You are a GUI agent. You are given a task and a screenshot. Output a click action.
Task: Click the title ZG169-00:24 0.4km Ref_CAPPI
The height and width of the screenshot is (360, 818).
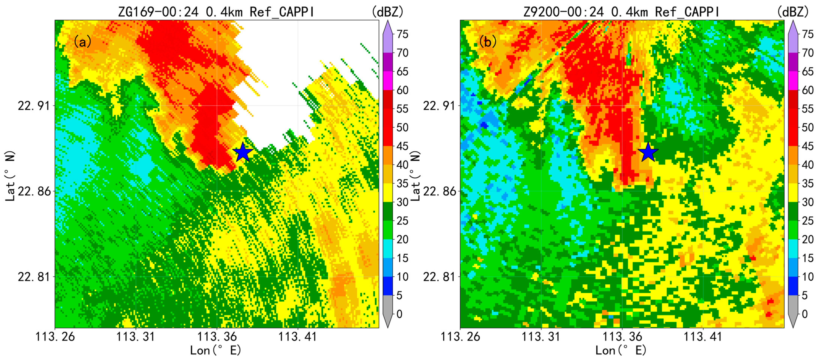(216, 12)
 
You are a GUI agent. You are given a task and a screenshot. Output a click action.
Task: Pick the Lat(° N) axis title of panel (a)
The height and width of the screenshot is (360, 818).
(11, 176)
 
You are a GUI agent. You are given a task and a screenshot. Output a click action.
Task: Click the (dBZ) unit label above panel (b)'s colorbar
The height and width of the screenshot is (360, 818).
(792, 12)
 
